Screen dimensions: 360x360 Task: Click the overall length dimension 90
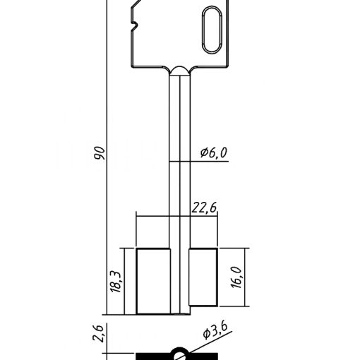pyautogui.click(x=99, y=153)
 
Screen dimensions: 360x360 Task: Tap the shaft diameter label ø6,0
pyautogui.click(x=214, y=152)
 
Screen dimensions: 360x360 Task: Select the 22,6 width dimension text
pyautogui.click(x=204, y=208)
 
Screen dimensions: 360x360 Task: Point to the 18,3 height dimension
pyautogui.click(x=116, y=282)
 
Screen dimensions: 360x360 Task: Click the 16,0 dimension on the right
pyautogui.click(x=236, y=277)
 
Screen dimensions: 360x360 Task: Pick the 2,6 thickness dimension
pyautogui.click(x=97, y=333)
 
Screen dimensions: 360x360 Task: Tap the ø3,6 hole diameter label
pyautogui.click(x=215, y=331)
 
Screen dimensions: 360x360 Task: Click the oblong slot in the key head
pyautogui.click(x=212, y=30)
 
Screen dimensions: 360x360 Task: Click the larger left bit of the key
pyautogui.click(x=153, y=281)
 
